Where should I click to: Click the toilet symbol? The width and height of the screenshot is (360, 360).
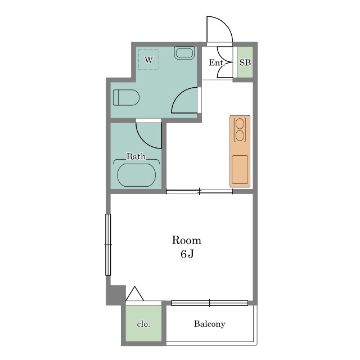126,97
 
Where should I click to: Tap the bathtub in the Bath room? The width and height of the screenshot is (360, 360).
136,175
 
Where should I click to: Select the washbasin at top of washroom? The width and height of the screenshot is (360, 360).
184,53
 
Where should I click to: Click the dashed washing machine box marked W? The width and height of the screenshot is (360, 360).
148,60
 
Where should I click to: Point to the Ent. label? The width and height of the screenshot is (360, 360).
217,62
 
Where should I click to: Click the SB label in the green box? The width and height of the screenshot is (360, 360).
245,62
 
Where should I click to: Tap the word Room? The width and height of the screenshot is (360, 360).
186,240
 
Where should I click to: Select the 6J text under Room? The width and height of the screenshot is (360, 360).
187,254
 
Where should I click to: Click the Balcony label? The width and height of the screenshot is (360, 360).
209,324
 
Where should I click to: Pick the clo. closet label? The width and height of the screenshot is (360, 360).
143,324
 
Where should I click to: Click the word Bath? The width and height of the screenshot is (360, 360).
136,156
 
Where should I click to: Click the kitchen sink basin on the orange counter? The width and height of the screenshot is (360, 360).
240,170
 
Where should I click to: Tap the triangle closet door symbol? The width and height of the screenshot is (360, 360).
135,294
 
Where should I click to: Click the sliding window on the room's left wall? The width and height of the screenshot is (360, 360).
108,245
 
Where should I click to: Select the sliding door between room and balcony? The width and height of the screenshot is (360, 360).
209,303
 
